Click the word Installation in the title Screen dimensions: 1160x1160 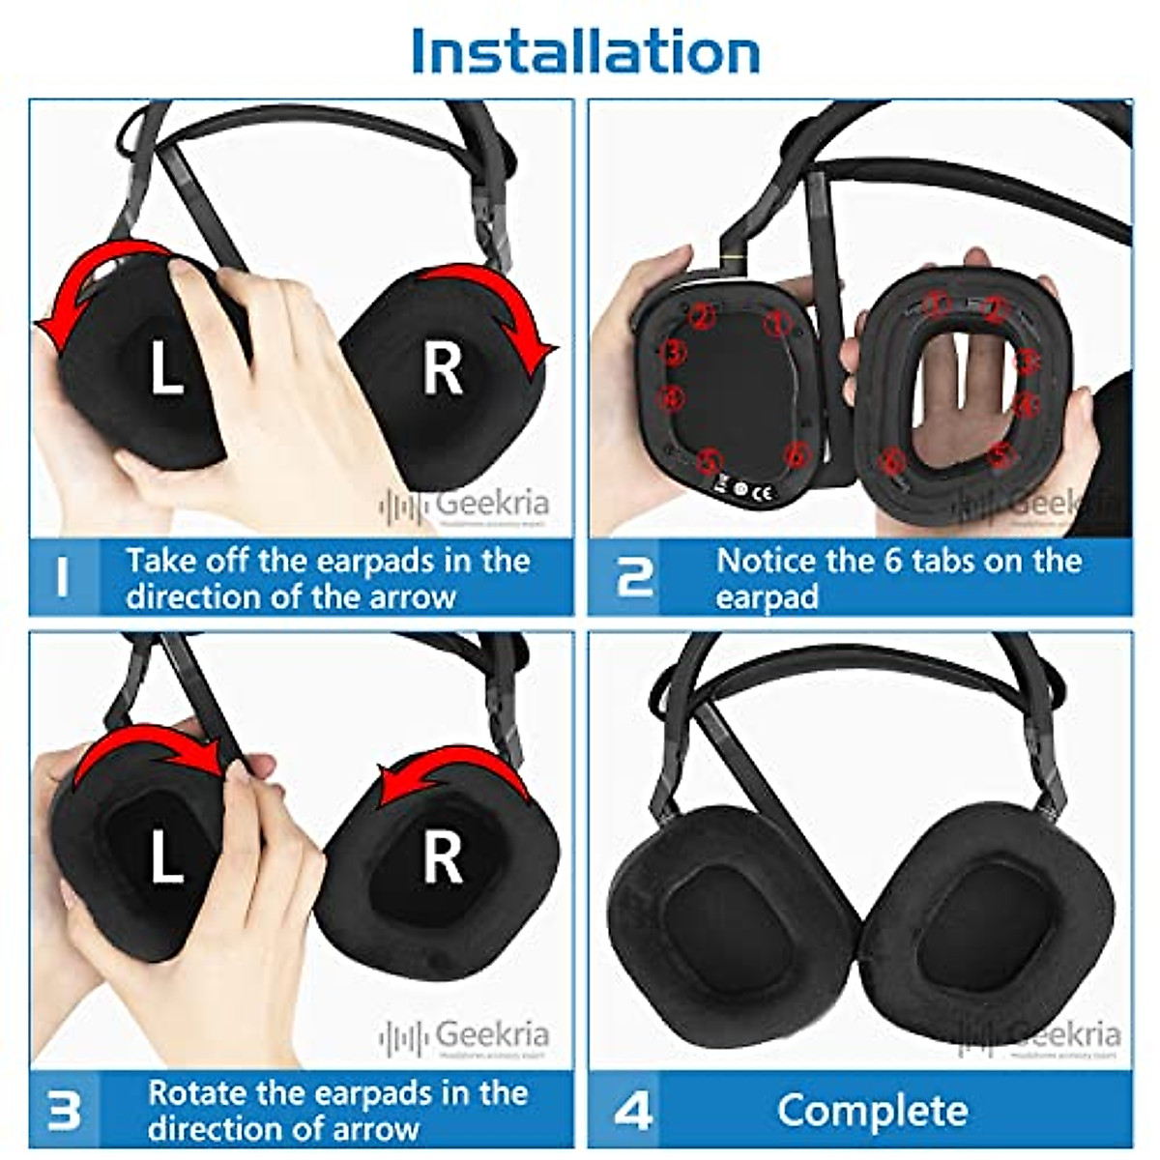pyautogui.click(x=585, y=50)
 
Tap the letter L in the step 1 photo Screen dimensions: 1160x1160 pyautogui.click(x=167, y=368)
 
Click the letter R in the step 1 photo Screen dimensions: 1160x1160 pyautogui.click(x=443, y=369)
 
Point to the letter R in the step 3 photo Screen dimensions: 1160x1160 pyautogui.click(x=443, y=857)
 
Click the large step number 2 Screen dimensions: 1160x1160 pyautogui.click(x=634, y=576)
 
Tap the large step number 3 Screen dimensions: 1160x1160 pyautogui.click(x=64, y=1110)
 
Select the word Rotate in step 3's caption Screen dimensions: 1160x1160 pyautogui.click(x=203, y=1094)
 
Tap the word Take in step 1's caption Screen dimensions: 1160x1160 pyautogui.click(x=160, y=562)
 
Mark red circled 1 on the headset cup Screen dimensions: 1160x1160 pyautogui.click(x=775, y=324)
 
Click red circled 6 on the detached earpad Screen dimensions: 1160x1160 pyautogui.click(x=893, y=461)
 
